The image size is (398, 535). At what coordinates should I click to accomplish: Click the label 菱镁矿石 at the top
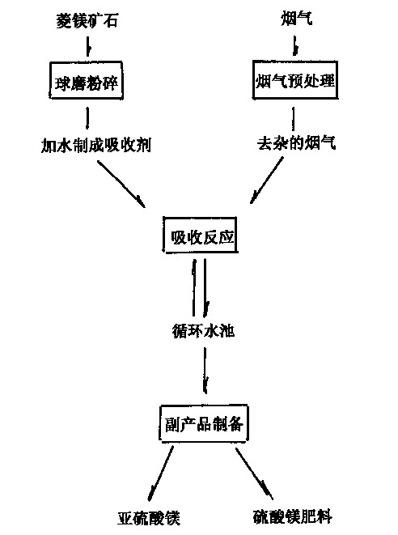pos(87,20)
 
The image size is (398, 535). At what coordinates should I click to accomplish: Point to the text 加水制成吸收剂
pos(96,146)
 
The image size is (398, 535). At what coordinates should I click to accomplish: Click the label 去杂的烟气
pos(296,142)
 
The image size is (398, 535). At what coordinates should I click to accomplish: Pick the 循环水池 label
pos(203,330)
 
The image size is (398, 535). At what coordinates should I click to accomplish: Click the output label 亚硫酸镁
pos(149,518)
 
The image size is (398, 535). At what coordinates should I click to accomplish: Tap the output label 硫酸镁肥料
pos(293,516)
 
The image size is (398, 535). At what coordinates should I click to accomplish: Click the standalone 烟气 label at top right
pos(296,18)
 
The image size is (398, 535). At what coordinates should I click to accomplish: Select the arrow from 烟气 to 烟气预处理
pos(295,45)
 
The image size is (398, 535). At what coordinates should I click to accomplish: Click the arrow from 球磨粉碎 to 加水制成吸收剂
pos(87,118)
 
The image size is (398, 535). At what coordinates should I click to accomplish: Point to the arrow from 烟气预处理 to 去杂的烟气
pos(293,118)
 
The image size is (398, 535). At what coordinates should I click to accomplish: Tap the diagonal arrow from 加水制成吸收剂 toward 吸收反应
pos(121,185)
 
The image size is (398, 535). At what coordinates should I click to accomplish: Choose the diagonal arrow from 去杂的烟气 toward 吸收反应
pos(267,180)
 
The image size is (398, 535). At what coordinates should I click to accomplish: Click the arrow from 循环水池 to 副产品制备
pos(205,371)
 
